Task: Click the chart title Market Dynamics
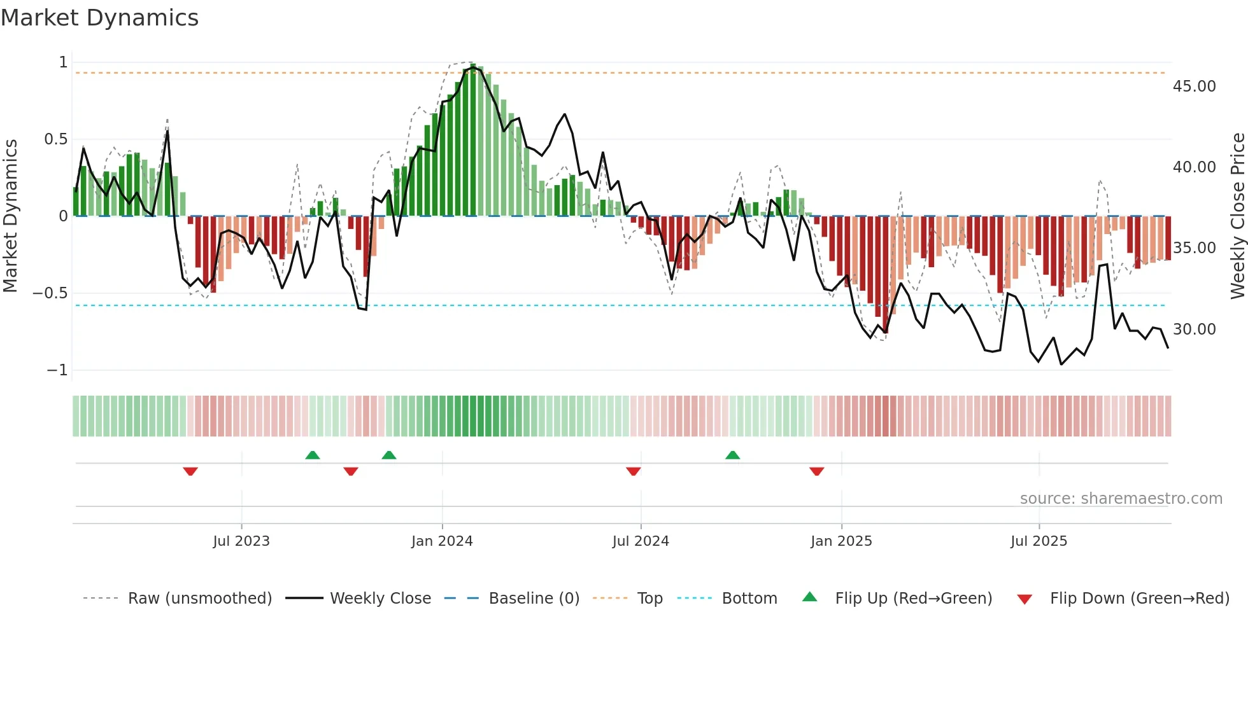(x=99, y=18)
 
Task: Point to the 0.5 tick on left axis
(x=55, y=139)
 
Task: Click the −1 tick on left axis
(x=57, y=370)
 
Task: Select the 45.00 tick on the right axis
(x=1194, y=87)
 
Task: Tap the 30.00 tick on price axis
(x=1194, y=330)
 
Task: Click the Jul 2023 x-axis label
(x=241, y=541)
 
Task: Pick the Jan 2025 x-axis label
(x=841, y=541)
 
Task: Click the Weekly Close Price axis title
(x=1237, y=216)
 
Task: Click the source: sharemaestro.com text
(x=1121, y=499)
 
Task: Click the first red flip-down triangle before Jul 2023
(x=190, y=471)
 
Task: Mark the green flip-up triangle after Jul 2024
(x=733, y=455)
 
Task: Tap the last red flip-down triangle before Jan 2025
(x=817, y=471)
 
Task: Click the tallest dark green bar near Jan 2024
(x=473, y=140)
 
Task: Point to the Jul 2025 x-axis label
(x=1039, y=541)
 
